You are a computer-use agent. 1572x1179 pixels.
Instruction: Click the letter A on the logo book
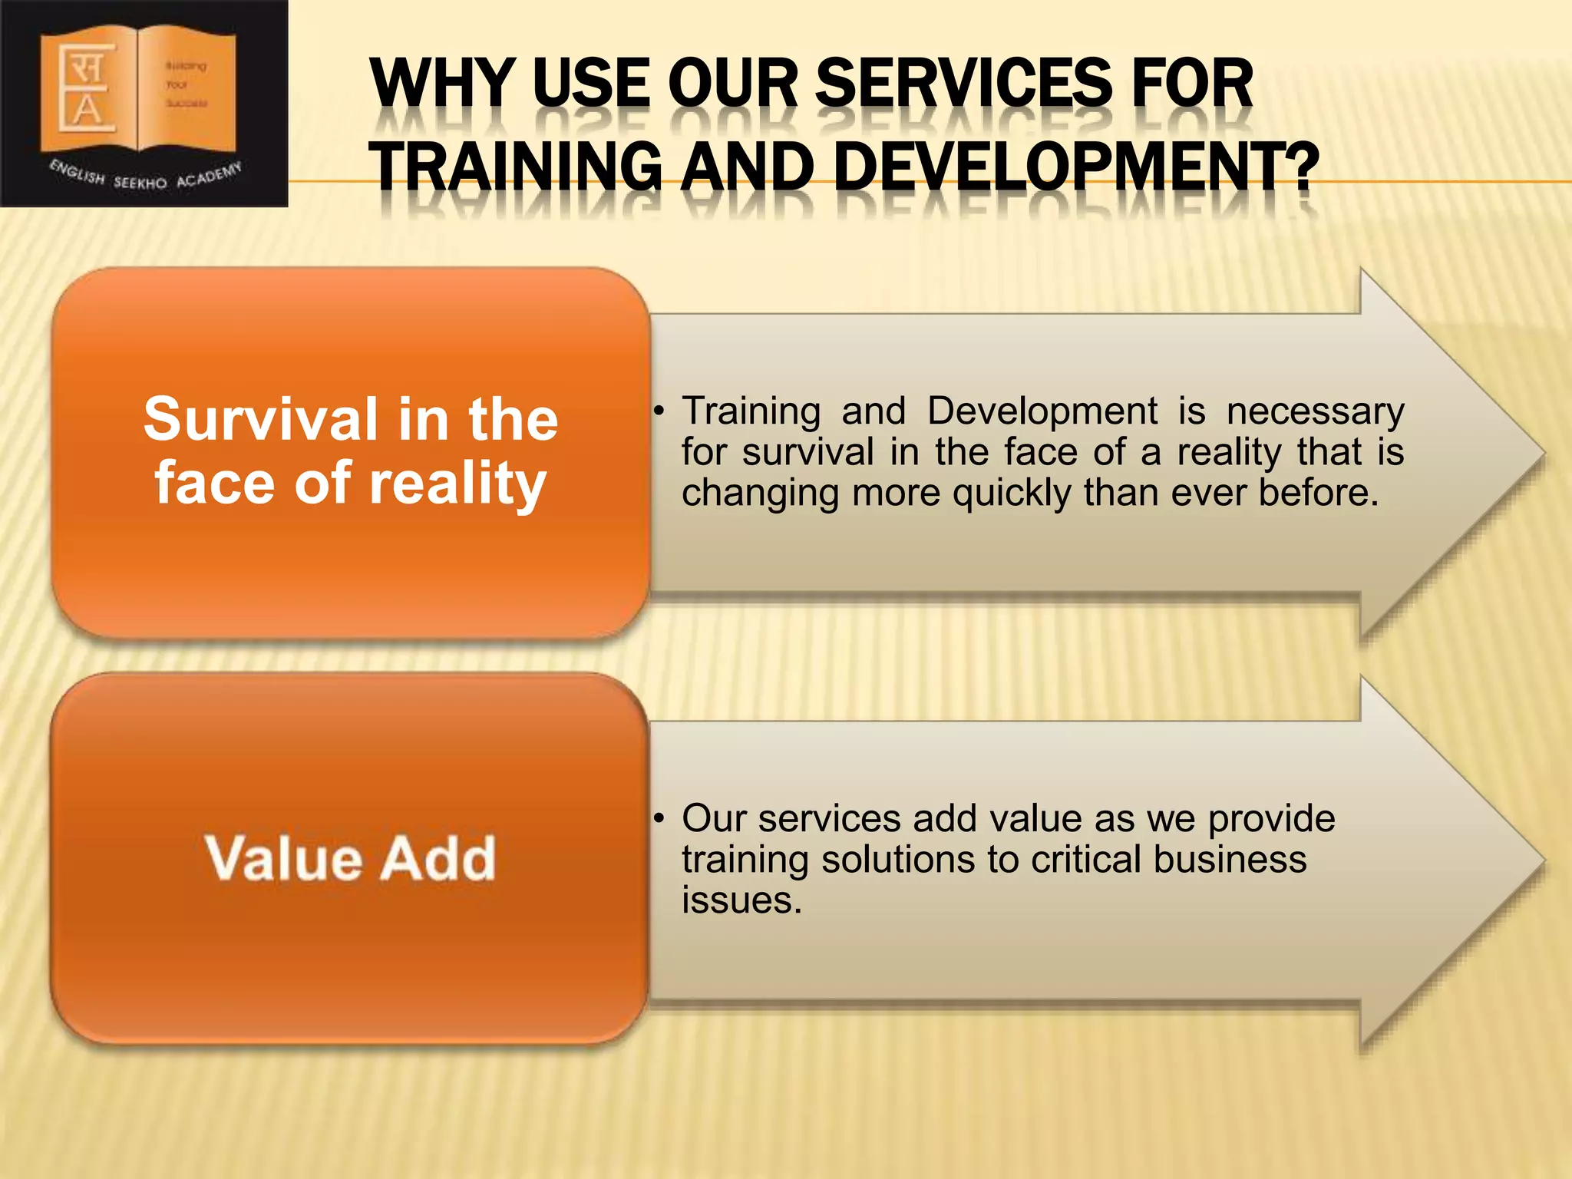(88, 110)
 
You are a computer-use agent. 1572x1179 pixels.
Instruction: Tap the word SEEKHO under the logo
(140, 183)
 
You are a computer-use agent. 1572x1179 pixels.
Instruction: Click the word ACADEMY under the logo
(209, 175)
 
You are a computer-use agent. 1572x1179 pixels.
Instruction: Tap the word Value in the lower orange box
(282, 857)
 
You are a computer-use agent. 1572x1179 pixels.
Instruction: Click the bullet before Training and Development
(658, 412)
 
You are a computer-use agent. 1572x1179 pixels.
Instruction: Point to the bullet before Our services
(658, 819)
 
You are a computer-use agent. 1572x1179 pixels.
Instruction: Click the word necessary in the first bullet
(1315, 412)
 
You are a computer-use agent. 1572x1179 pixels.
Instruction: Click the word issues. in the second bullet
(741, 900)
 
